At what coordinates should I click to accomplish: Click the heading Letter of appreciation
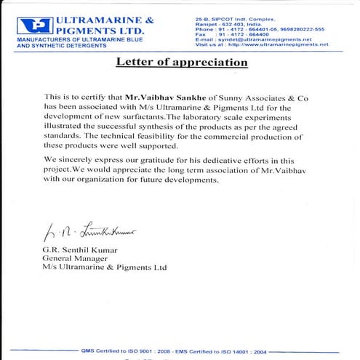[182, 63]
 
